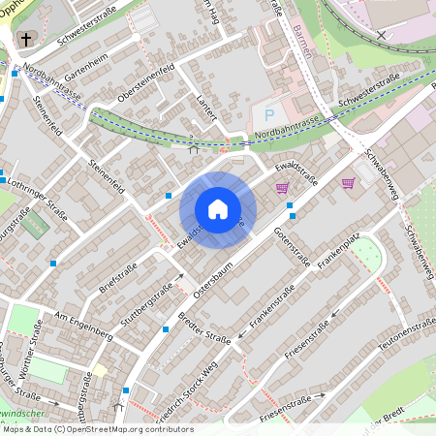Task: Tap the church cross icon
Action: [23, 40]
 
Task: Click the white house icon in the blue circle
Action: [218, 209]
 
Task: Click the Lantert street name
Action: [203, 112]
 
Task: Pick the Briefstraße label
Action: [120, 279]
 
